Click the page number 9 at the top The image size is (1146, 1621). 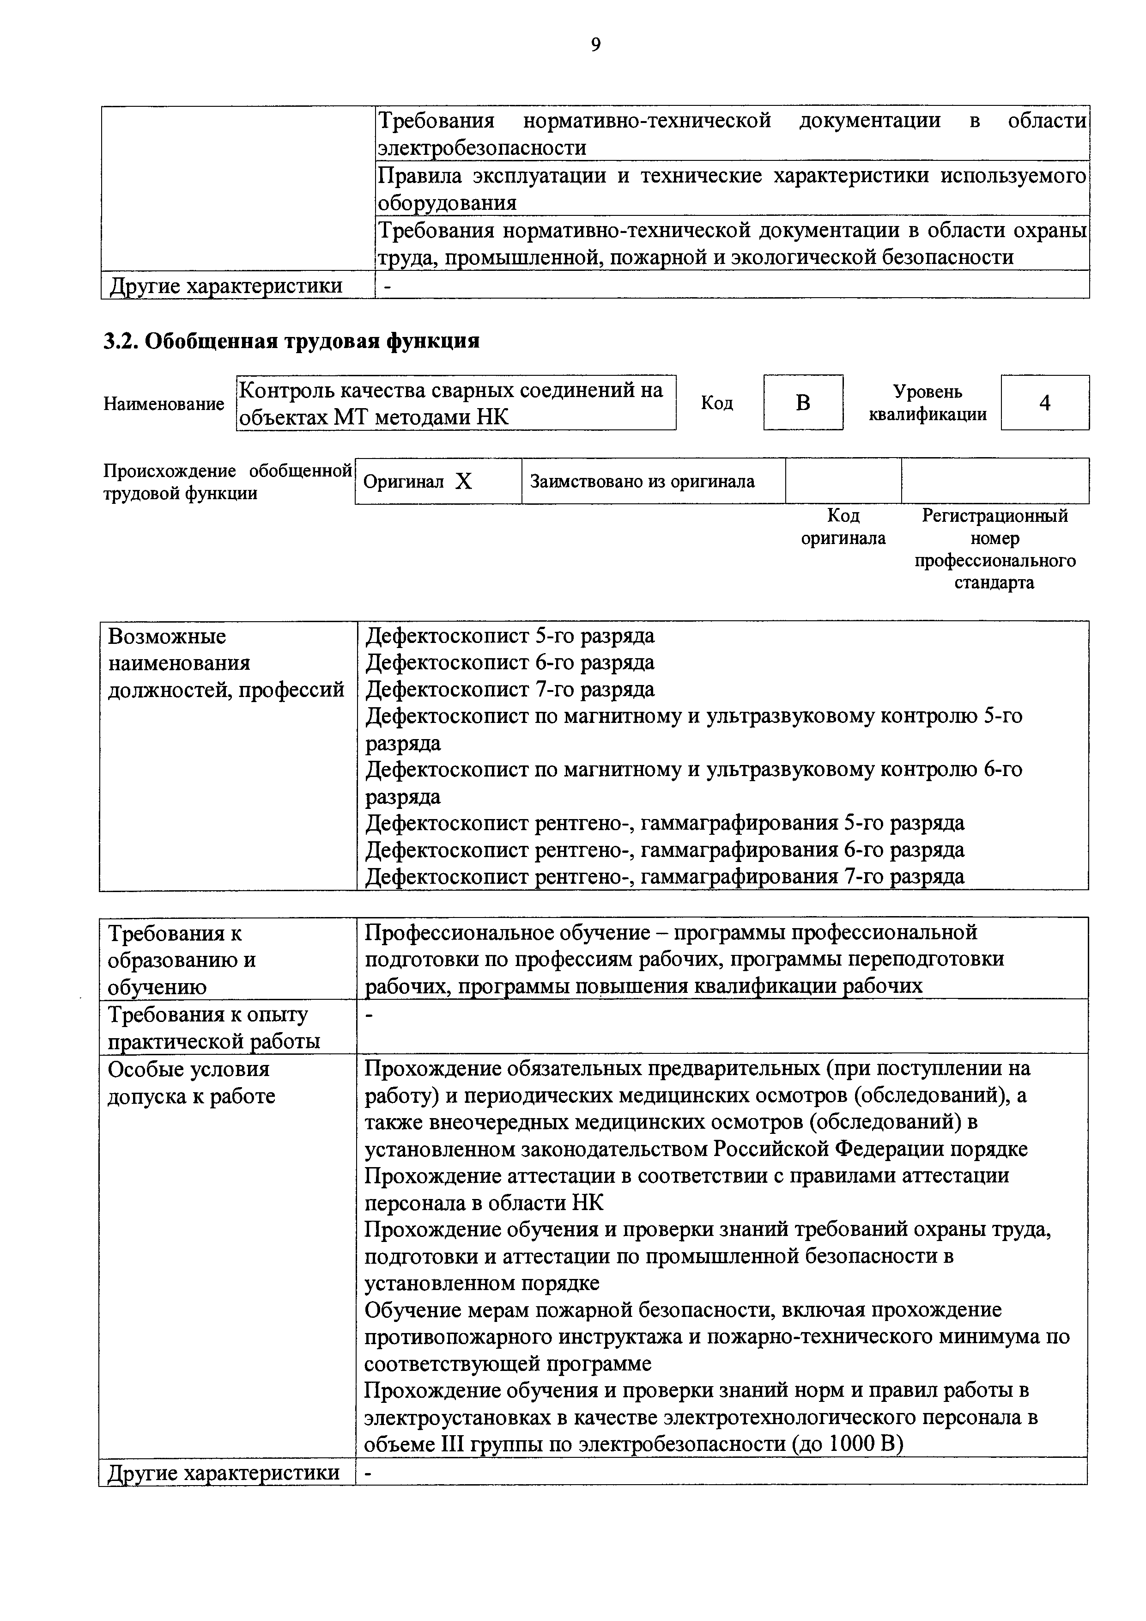[595, 45]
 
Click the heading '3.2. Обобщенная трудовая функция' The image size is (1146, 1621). [291, 341]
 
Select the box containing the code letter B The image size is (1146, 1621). [803, 403]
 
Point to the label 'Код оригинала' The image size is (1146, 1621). [843, 526]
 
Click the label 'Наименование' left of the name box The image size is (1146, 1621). [164, 404]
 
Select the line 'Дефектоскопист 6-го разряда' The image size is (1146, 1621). [509, 662]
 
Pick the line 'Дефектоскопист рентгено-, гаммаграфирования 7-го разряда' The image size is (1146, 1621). [665, 876]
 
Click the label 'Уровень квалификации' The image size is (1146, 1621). [927, 403]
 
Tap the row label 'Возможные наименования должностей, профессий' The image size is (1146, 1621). [226, 663]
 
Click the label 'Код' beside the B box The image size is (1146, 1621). [717, 403]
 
